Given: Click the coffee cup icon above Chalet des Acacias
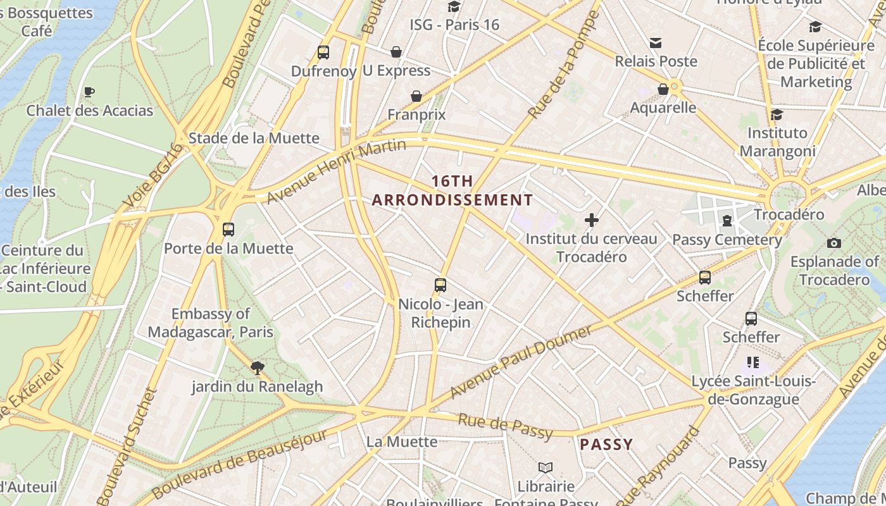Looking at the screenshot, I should pyautogui.click(x=89, y=92).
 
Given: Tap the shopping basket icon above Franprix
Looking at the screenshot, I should pyautogui.click(x=416, y=96).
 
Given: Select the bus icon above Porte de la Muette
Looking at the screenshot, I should pyautogui.click(x=228, y=230).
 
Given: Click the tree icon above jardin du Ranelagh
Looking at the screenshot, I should pyautogui.click(x=257, y=367).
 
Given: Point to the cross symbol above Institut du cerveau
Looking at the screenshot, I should pyautogui.click(x=592, y=220).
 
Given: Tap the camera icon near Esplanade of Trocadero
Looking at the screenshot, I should pyautogui.click(x=834, y=243).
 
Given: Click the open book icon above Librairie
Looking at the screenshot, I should pyautogui.click(x=546, y=467).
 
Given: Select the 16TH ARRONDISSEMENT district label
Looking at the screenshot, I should pyautogui.click(x=452, y=190).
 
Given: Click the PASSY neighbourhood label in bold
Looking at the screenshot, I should pyautogui.click(x=606, y=444).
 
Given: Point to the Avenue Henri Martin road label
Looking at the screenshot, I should pyautogui.click(x=335, y=171).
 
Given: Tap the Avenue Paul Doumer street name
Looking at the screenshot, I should pyautogui.click(x=520, y=362).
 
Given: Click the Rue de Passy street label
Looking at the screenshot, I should pyautogui.click(x=505, y=425).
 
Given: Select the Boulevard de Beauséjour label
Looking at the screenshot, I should pyautogui.click(x=240, y=464).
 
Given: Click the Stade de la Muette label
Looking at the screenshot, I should pyautogui.click(x=254, y=138).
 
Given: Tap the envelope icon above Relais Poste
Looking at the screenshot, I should pyautogui.click(x=656, y=43).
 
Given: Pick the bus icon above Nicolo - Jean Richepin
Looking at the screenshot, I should pyautogui.click(x=440, y=285).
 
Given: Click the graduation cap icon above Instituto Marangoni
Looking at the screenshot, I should pyautogui.click(x=777, y=114).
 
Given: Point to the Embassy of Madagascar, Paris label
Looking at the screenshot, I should pyautogui.click(x=211, y=323).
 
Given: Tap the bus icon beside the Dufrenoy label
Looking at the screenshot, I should pyautogui.click(x=323, y=52).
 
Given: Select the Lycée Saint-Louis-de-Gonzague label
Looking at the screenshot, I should pyautogui.click(x=753, y=390).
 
